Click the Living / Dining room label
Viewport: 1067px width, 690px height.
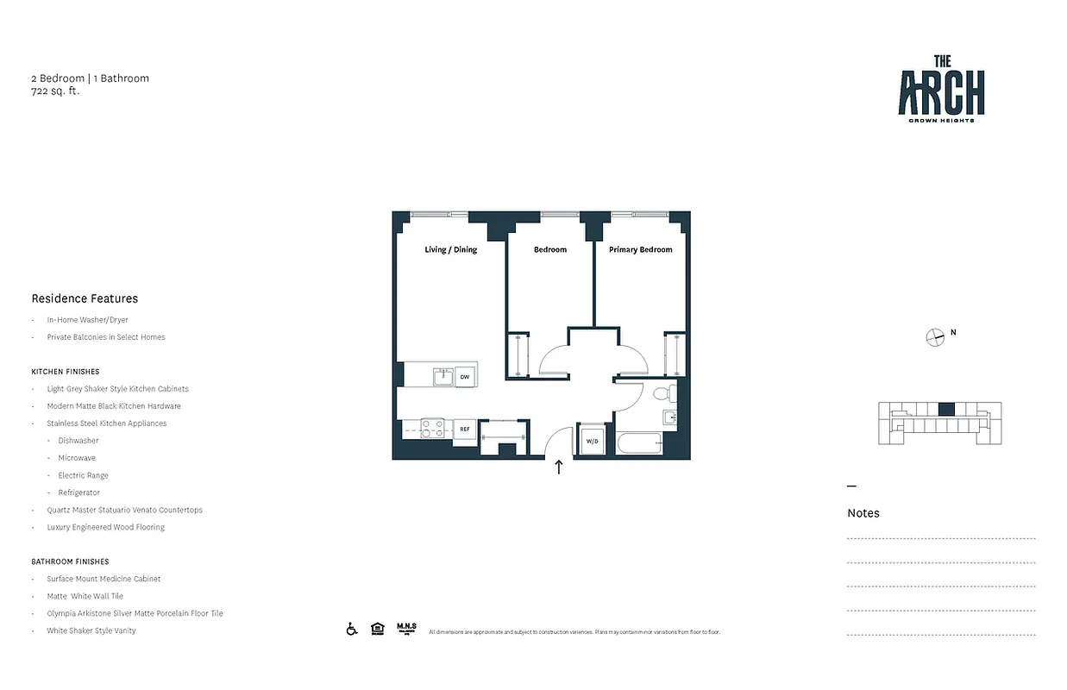point(450,250)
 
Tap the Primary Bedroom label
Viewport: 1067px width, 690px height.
point(640,250)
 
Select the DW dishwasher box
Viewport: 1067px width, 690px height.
point(464,377)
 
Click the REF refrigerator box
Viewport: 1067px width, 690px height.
point(464,429)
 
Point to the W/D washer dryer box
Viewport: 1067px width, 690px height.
point(593,442)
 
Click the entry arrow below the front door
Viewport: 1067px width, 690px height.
point(558,467)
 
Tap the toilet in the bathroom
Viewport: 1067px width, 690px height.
point(662,394)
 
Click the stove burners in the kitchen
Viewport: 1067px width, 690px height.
point(432,429)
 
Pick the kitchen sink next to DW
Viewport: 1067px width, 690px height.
point(443,376)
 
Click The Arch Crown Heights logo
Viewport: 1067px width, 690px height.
point(941,88)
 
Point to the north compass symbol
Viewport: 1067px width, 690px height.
point(935,337)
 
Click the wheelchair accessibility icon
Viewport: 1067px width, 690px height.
point(352,629)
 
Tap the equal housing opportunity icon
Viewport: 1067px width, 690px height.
point(377,629)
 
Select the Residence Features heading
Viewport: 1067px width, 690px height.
point(85,298)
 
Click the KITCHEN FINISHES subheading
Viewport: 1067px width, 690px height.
point(66,372)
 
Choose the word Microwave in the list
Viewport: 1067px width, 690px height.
point(77,458)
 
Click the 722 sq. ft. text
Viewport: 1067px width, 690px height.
point(55,91)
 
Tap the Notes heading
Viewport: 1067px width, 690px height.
point(863,513)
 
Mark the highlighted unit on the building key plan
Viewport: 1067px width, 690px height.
point(946,410)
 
